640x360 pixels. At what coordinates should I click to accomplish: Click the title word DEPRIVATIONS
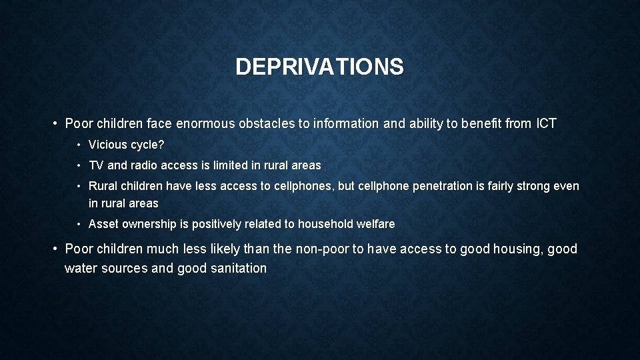[x=319, y=67]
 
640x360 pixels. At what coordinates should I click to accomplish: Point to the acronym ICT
[x=544, y=124]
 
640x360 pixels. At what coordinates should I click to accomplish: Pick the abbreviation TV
[x=96, y=165]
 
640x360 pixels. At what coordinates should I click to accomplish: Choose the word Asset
[x=103, y=225]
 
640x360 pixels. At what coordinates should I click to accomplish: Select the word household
[x=325, y=225]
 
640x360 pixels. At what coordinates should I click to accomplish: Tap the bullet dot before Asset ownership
[x=79, y=225]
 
